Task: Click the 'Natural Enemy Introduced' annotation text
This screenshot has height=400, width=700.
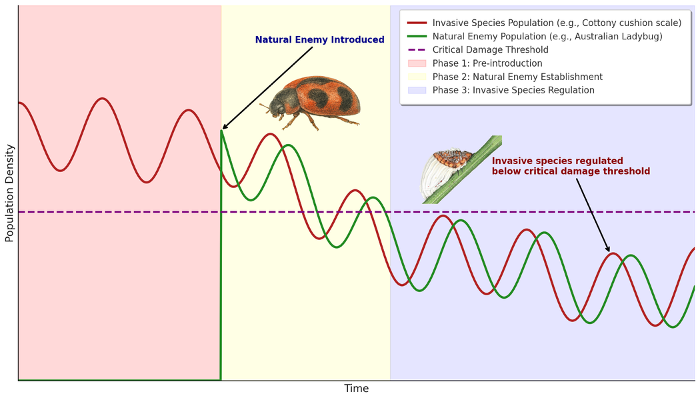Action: (x=319, y=40)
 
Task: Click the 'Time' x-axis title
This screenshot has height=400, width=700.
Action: (x=356, y=389)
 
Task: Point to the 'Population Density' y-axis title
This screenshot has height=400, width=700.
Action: (x=9, y=193)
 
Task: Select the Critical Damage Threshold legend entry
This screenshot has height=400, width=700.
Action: (x=490, y=50)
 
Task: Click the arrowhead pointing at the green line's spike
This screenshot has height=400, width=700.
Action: (x=224, y=128)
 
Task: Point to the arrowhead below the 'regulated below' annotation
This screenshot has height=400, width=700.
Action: (x=608, y=250)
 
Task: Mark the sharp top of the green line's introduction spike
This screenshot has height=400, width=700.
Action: (x=221, y=131)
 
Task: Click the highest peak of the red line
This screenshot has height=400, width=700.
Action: (x=102, y=99)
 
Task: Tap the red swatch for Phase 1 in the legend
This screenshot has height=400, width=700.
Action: (x=417, y=63)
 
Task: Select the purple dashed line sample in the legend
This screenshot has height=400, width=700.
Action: (x=417, y=50)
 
